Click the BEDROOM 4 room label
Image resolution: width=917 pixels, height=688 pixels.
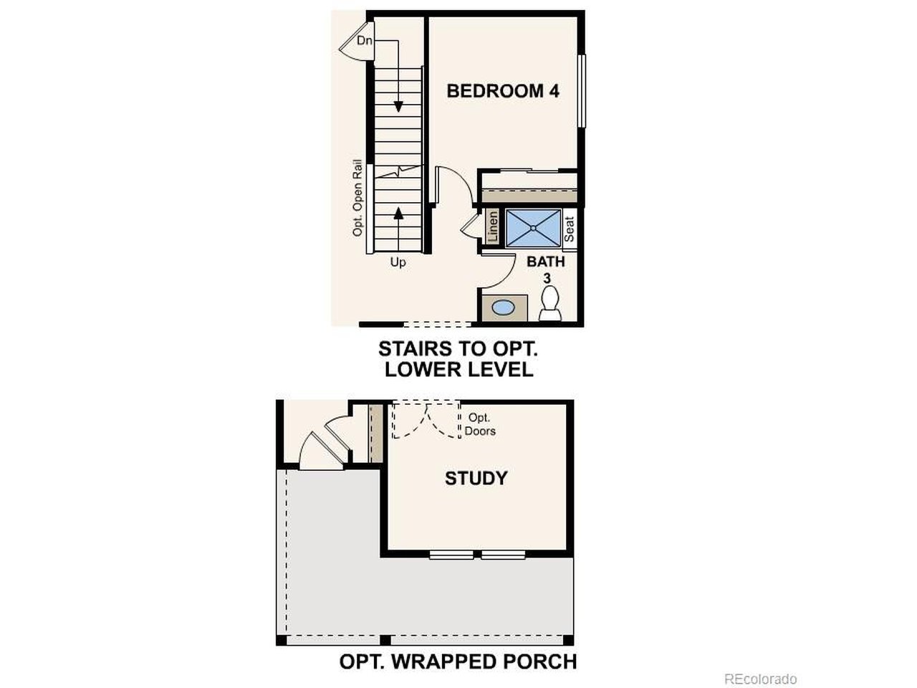pyautogui.click(x=503, y=91)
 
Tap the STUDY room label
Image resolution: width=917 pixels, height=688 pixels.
pyautogui.click(x=476, y=478)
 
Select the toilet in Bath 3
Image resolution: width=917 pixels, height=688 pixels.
pyautogui.click(x=549, y=303)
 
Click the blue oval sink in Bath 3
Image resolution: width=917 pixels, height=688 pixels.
pyautogui.click(x=503, y=308)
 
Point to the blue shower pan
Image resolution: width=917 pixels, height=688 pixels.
pyautogui.click(x=533, y=228)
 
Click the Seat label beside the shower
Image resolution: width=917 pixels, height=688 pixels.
pyautogui.click(x=569, y=229)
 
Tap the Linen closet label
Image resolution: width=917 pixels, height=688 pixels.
pyautogui.click(x=493, y=226)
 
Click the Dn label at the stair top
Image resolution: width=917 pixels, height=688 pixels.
pyautogui.click(x=365, y=41)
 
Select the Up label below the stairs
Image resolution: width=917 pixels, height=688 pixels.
pyautogui.click(x=398, y=262)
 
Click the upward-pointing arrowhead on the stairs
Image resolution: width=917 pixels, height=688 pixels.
pyautogui.click(x=398, y=213)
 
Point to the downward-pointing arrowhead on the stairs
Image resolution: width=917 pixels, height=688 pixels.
pyautogui.click(x=398, y=107)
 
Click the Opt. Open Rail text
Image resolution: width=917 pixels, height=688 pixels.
pyautogui.click(x=357, y=198)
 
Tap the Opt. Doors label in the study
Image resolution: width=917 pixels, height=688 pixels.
pyautogui.click(x=479, y=424)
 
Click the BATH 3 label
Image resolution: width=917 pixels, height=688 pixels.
pyautogui.click(x=546, y=269)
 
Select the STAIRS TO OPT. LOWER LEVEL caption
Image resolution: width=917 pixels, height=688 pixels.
pyautogui.click(x=458, y=359)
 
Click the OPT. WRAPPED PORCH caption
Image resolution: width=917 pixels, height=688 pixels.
pyautogui.click(x=458, y=661)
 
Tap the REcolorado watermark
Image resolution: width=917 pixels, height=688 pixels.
pyautogui.click(x=760, y=679)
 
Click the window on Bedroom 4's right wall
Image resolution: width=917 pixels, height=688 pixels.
pyautogui.click(x=582, y=90)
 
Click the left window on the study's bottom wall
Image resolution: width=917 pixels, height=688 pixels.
pyautogui.click(x=451, y=555)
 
